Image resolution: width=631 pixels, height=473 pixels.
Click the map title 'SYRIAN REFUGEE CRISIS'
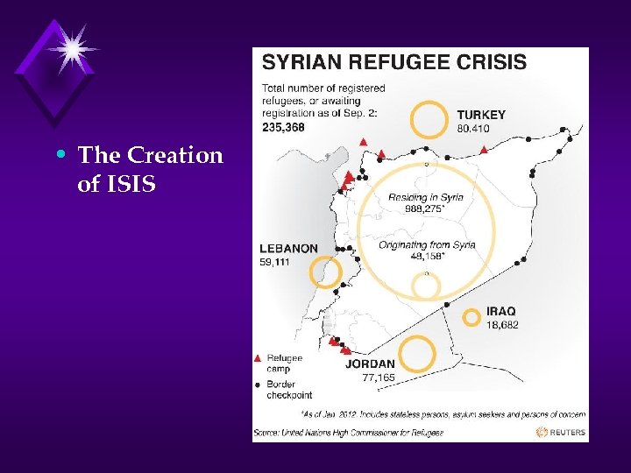point(394,62)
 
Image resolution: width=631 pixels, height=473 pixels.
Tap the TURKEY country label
point(481,115)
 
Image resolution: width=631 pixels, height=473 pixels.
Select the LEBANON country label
point(288,249)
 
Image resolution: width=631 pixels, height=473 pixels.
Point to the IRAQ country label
point(501,311)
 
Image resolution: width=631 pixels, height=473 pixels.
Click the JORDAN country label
point(370,364)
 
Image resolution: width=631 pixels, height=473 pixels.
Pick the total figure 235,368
point(283,127)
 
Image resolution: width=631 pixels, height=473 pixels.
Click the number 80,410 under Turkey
point(473,129)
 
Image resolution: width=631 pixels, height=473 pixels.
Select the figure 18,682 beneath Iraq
point(502,325)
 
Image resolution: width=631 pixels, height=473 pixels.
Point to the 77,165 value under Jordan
point(379,378)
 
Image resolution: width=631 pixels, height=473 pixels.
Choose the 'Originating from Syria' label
point(427,245)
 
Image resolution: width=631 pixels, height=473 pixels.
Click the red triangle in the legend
point(257,358)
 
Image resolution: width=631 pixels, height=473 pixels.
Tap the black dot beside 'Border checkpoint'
point(257,384)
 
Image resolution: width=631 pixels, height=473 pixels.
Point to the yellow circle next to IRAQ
point(471,317)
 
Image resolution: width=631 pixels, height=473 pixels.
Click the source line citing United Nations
point(349,432)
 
